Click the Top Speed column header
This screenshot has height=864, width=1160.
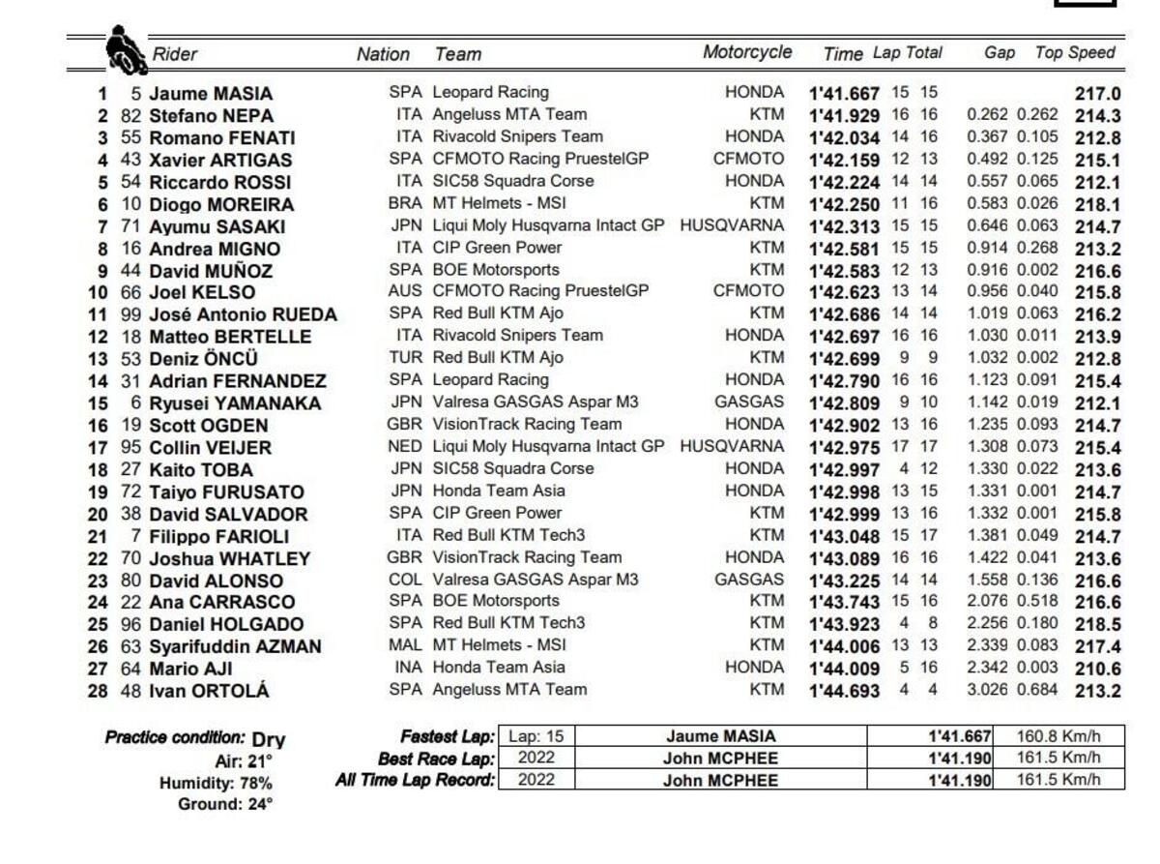pos(1075,53)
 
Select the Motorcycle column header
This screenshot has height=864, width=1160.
pos(746,53)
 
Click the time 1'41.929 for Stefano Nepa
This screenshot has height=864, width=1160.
pos(844,115)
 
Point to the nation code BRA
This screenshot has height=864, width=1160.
pos(405,203)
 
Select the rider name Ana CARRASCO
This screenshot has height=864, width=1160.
pos(222,602)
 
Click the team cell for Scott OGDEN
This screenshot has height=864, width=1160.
pos(527,425)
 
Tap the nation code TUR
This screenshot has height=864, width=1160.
pos(405,358)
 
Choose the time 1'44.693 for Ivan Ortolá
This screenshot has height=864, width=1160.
pos(844,691)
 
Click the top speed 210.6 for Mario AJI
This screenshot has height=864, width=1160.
pos(1097,668)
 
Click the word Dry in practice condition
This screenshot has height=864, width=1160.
pos(269,740)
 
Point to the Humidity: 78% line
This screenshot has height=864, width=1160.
pos(216,783)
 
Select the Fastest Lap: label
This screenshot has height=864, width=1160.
pos(447,737)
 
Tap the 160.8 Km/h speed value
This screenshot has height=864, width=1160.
pos(1058,736)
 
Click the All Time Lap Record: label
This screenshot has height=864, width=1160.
pos(415,780)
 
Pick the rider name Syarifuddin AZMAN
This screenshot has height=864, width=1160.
pos(235,646)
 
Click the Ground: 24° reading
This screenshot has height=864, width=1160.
pos(224,804)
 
